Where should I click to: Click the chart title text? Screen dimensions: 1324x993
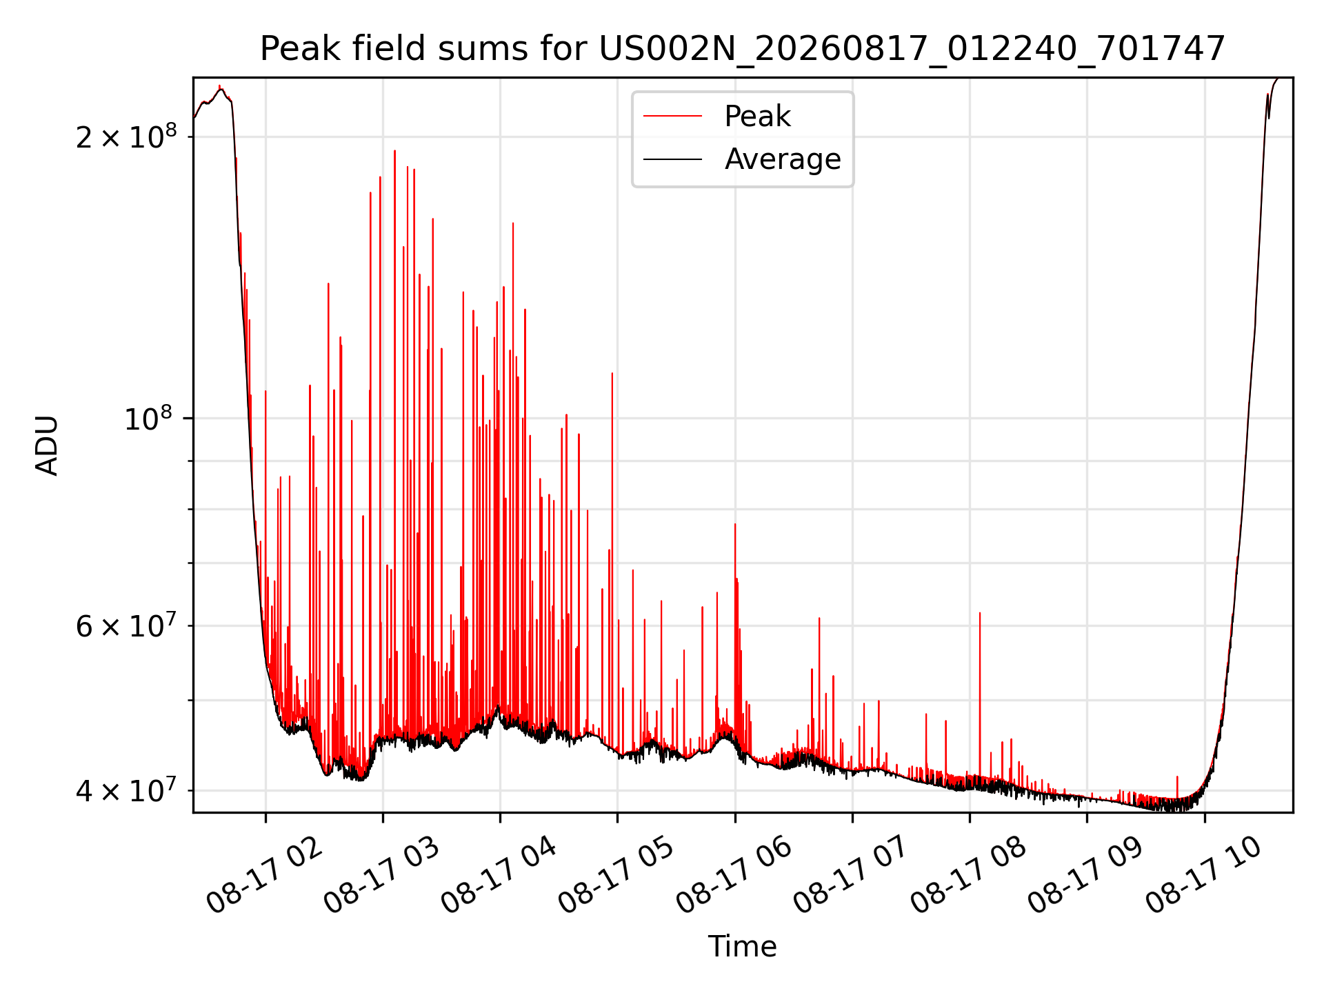pos(742,49)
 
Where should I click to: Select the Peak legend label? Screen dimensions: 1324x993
pos(757,117)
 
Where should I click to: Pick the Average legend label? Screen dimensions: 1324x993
pos(783,159)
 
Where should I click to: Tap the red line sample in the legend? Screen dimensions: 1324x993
pos(672,117)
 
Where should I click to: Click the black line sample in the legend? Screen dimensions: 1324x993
pos(672,159)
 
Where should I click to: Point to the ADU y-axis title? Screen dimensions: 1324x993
pos(47,445)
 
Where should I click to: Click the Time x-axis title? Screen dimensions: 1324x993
pos(742,947)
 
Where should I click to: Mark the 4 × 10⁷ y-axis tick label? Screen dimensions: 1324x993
pos(126,790)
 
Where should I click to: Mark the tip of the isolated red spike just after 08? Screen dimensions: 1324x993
pos(980,612)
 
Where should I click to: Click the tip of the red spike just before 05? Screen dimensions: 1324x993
pos(612,373)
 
